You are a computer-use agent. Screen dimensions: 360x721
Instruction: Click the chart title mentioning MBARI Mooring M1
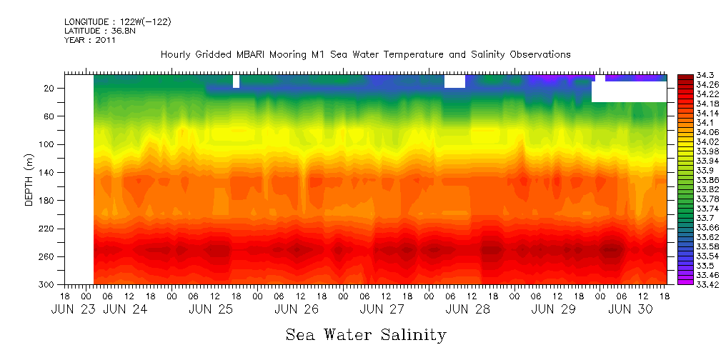[365, 55]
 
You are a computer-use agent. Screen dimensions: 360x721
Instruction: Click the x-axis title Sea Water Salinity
[366, 335]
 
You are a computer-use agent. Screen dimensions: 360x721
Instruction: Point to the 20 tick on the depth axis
[50, 88]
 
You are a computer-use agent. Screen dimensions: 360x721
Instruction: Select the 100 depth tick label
[48, 144]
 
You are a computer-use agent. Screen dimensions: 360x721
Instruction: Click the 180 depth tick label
[48, 200]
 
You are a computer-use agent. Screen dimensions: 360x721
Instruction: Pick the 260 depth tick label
[48, 256]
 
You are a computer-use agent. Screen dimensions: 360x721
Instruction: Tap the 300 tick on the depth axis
[48, 284]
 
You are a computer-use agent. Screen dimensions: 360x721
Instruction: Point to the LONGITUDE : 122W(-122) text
[117, 22]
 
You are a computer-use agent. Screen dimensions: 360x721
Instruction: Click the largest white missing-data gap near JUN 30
[629, 91]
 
